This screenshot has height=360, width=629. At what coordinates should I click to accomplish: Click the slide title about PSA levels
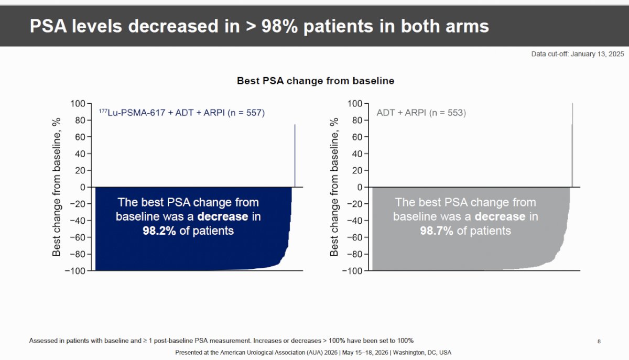pyautogui.click(x=259, y=26)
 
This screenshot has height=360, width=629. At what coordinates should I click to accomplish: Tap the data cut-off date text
pyautogui.click(x=578, y=54)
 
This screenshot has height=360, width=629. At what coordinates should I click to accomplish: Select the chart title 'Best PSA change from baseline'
pyautogui.click(x=316, y=81)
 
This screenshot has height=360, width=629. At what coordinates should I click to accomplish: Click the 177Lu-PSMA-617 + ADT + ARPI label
pyautogui.click(x=182, y=113)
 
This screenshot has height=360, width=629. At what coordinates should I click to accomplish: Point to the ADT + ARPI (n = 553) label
pyautogui.click(x=421, y=113)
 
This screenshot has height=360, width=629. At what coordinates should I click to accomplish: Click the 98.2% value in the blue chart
pyautogui.click(x=159, y=231)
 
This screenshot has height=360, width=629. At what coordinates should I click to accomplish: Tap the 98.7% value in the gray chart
pyautogui.click(x=437, y=231)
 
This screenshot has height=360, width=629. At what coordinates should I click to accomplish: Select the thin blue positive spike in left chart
pyautogui.click(x=295, y=156)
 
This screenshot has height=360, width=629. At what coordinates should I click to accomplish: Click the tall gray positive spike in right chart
pyautogui.click(x=572, y=145)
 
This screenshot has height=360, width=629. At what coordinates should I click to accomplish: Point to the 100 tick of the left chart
pyautogui.click(x=78, y=104)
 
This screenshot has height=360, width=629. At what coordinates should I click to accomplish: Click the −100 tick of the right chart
pyautogui.click(x=352, y=271)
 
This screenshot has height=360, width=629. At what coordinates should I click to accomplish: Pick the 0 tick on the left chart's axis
pyautogui.click(x=83, y=187)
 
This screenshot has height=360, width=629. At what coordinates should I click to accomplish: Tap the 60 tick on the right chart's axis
pyautogui.click(x=357, y=137)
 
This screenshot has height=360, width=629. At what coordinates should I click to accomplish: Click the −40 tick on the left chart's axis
pyautogui.click(x=78, y=221)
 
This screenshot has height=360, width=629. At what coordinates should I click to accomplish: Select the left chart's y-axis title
pyautogui.click(x=57, y=187)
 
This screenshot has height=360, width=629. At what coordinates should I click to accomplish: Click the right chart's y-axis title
pyautogui.click(x=334, y=187)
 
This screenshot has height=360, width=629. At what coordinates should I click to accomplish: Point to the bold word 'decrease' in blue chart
pyautogui.click(x=223, y=216)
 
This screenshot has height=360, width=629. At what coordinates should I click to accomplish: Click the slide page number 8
pyautogui.click(x=599, y=342)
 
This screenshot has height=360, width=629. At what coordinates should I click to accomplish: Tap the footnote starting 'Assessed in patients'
pyautogui.click(x=221, y=341)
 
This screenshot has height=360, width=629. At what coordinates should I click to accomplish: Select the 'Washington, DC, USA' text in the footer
pyautogui.click(x=422, y=353)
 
